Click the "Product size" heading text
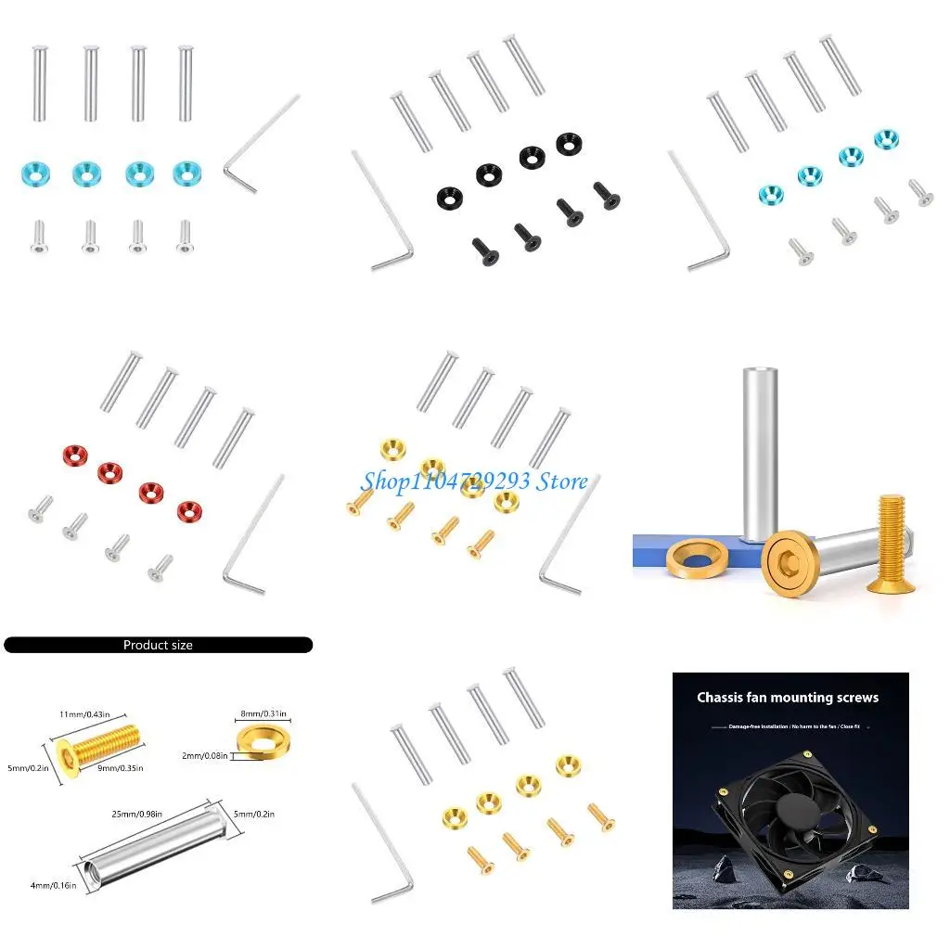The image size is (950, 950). [158, 645]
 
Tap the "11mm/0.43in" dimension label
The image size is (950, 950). [85, 713]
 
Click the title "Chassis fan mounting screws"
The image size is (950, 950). [788, 697]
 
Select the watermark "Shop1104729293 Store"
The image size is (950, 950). [473, 481]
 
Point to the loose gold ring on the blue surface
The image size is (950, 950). [698, 560]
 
